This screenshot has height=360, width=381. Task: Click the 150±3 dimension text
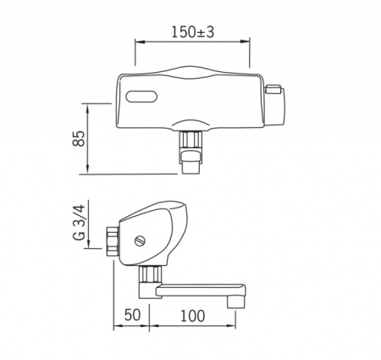(x=193, y=32)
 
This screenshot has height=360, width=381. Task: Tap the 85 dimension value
(x=79, y=138)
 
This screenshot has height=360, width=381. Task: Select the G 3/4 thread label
(x=79, y=223)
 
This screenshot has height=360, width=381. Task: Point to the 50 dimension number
(x=132, y=315)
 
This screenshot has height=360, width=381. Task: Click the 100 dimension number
(x=192, y=316)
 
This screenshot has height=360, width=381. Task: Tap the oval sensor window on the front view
(x=141, y=97)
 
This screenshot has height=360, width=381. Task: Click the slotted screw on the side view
(x=140, y=241)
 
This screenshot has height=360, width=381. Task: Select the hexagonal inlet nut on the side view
(x=113, y=241)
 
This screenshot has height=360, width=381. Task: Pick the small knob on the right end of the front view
(x=273, y=89)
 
